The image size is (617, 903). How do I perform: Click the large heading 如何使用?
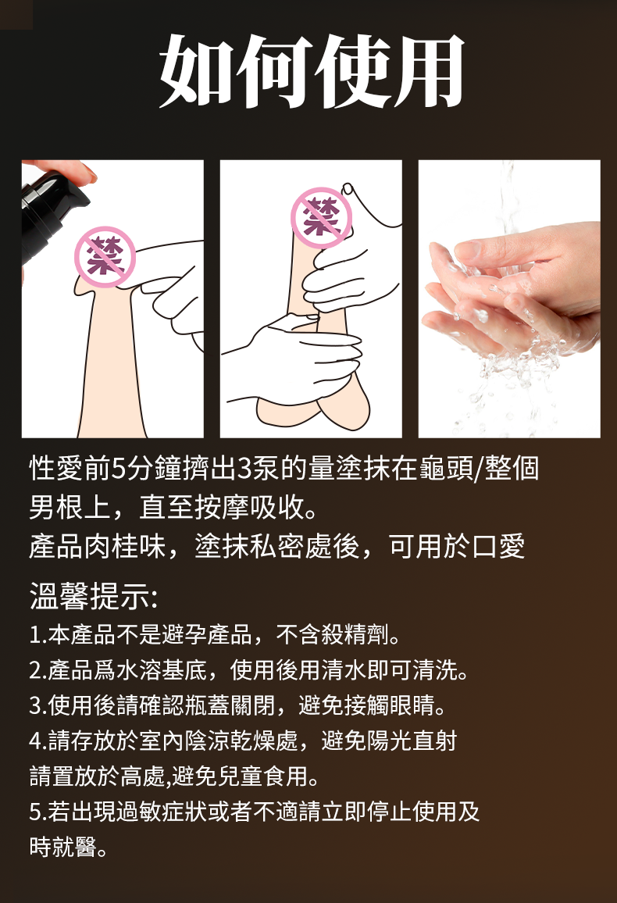(312, 71)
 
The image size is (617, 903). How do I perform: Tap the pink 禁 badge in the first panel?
(105, 257)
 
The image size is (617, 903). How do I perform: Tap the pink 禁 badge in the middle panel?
(321, 218)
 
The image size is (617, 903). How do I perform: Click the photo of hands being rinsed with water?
(508, 299)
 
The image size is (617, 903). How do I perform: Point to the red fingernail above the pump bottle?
(87, 171)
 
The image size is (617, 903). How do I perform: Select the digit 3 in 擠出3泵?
(244, 469)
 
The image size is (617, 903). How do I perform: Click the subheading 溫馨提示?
(93, 596)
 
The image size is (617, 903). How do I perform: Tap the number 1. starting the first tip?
(38, 635)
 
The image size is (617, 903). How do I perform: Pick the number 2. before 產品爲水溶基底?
(38, 670)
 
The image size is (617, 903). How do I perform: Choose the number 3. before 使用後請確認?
(38, 705)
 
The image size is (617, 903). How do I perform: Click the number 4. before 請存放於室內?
(38, 741)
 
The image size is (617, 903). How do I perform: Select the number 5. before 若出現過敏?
(38, 812)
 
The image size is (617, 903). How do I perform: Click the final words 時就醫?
(63, 847)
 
